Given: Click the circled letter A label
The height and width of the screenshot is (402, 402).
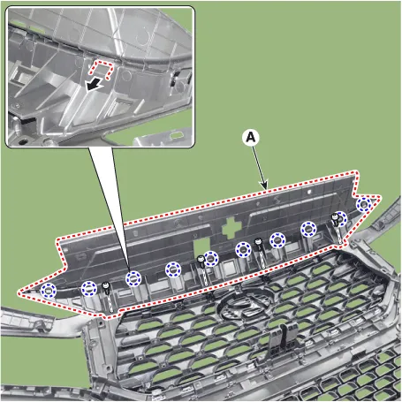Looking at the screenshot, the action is (251, 138).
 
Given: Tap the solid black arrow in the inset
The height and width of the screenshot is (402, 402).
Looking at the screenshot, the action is (94, 85).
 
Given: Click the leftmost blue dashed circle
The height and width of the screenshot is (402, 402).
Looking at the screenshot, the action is (49, 290).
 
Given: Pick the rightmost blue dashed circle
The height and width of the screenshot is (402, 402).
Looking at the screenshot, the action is (364, 204).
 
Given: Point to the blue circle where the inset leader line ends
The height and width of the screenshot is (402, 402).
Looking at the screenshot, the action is (133, 278).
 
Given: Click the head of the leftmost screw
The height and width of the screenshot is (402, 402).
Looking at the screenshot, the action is (105, 285).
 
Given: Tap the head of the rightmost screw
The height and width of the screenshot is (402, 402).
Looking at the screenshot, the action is (335, 217).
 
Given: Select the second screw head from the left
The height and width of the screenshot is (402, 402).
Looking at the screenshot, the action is (201, 259).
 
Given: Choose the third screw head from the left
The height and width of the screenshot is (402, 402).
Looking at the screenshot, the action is (258, 241).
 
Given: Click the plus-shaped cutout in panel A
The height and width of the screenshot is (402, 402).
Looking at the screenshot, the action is (231, 228).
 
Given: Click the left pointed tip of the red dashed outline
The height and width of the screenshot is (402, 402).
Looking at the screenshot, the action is (19, 292).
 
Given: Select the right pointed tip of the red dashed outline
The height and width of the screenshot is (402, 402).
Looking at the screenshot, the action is (380, 197).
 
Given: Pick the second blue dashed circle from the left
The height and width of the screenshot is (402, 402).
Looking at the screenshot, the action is (89, 289).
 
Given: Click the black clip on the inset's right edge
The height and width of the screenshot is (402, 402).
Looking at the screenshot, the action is (174, 79).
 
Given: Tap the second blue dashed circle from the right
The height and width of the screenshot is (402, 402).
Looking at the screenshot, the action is (340, 219).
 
